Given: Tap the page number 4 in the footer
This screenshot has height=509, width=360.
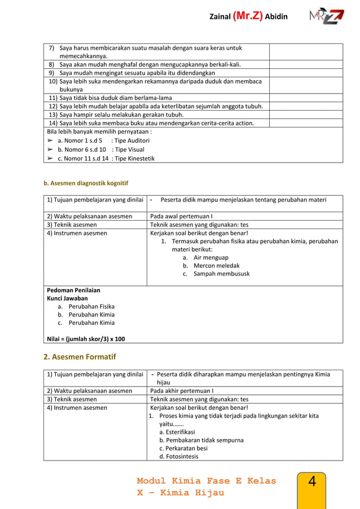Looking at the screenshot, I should click(x=312, y=482).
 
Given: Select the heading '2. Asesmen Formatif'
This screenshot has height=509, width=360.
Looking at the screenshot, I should click(x=80, y=356).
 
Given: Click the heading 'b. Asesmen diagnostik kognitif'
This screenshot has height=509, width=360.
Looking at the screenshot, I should click(x=86, y=183).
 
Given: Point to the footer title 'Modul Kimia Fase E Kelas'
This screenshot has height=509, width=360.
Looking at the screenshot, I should click(x=207, y=481).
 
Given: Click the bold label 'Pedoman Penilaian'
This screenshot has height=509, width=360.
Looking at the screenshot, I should click(x=73, y=290).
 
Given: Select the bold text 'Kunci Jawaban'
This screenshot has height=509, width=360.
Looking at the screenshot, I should click(x=67, y=299).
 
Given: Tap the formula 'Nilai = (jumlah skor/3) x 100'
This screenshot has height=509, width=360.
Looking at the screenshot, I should click(x=86, y=339).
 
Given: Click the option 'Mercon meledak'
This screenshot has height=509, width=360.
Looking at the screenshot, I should click(x=216, y=265).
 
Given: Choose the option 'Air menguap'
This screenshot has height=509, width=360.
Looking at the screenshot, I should click(x=210, y=257).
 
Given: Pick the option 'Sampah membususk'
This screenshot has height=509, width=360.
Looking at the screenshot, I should click(x=221, y=274).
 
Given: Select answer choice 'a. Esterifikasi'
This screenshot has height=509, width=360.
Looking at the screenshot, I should click(x=177, y=432).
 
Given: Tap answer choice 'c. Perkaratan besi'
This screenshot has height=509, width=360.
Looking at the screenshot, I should click(x=183, y=448).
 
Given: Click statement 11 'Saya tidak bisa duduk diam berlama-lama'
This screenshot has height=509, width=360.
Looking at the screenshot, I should click(x=110, y=98).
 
